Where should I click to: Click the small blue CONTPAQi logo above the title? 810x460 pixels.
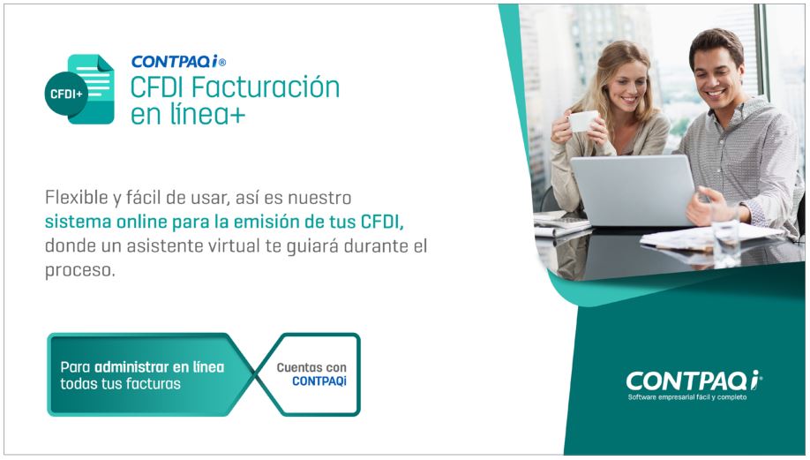click(x=177, y=62)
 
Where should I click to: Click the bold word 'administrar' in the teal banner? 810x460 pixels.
click(x=132, y=366)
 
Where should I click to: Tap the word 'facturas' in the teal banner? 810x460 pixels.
click(x=153, y=384)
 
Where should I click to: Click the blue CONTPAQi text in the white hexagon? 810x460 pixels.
click(x=319, y=382)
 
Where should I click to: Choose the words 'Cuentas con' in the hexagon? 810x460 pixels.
click(x=311, y=367)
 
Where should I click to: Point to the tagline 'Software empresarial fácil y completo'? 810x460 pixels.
click(x=687, y=397)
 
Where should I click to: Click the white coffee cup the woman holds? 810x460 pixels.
click(x=582, y=121)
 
